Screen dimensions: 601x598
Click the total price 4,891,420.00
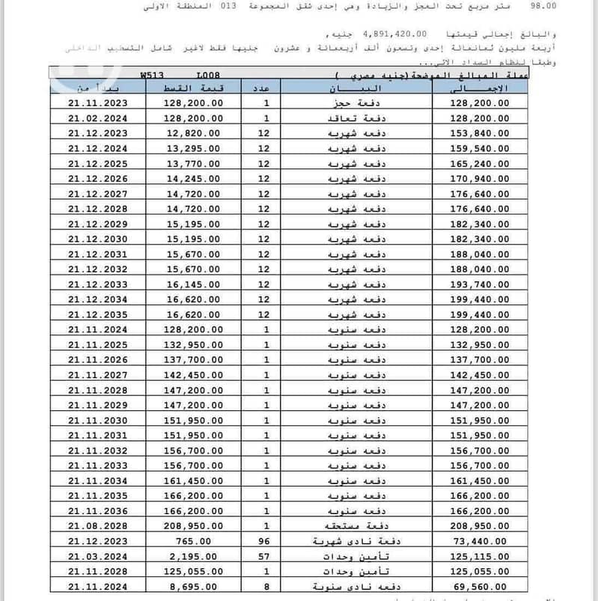point(394,34)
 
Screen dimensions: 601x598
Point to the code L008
point(208,76)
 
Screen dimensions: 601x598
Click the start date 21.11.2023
point(97,103)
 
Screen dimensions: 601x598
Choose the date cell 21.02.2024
point(97,118)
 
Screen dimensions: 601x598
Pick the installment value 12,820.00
point(193,133)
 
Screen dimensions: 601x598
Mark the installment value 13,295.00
point(193,148)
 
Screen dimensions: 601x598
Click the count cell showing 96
point(266,540)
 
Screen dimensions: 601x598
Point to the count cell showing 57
point(266,556)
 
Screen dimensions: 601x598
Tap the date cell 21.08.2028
point(97,525)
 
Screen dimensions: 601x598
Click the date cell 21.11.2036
point(97,510)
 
